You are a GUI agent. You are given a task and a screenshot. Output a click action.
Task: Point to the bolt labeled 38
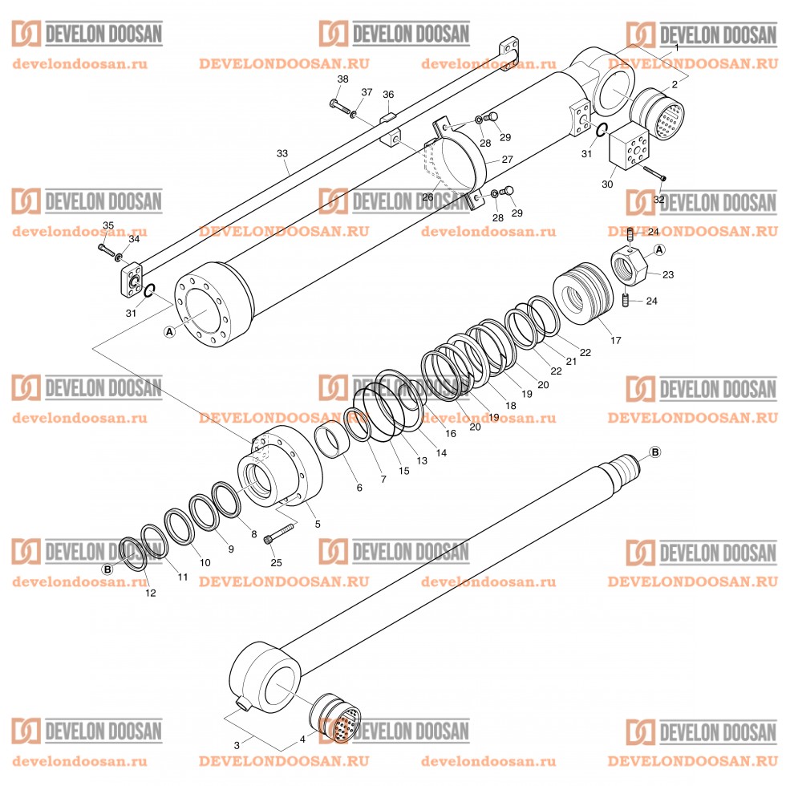[338, 105]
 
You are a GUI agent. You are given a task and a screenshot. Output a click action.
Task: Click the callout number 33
[282, 152]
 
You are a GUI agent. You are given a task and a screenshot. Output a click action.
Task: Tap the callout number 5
[318, 524]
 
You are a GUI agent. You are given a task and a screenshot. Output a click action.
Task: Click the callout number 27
[507, 160]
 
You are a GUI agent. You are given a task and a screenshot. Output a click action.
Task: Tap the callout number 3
[237, 745]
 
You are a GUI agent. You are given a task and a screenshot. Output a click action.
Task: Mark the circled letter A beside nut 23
[659, 249]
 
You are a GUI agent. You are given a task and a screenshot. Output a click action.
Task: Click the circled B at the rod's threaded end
[654, 452]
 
